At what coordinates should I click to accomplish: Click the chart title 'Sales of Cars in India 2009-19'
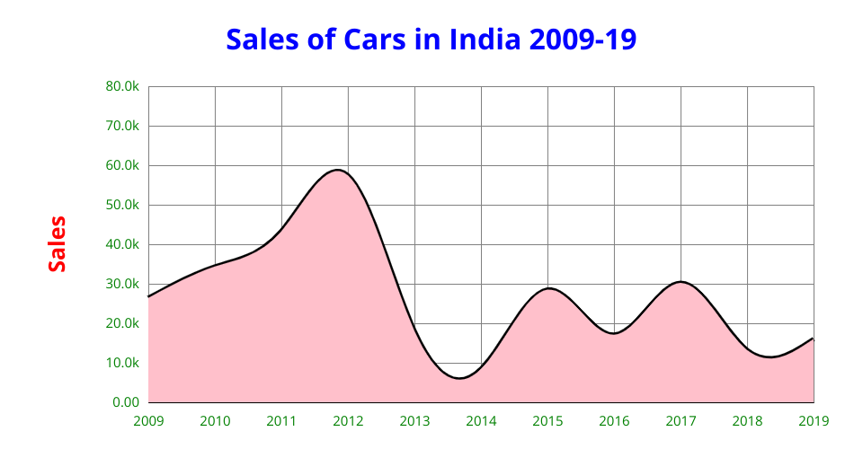431,40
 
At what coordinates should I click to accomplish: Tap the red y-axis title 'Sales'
58,244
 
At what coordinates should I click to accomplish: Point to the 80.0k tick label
122,87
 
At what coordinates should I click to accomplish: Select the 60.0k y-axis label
122,166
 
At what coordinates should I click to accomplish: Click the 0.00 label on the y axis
125,402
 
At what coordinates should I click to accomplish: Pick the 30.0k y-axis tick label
122,284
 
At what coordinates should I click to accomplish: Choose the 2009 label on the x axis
148,419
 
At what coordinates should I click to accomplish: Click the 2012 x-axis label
348,419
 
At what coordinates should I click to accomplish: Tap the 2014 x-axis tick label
481,419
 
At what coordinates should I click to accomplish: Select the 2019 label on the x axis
814,419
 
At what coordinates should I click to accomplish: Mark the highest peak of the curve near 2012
338,170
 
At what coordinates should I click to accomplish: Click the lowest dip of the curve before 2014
460,378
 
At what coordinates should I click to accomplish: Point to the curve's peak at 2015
548,288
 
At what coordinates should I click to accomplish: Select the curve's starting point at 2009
149,296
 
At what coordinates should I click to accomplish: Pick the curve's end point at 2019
813,339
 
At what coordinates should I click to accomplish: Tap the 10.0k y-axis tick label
122,363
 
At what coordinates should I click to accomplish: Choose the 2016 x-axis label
614,419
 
